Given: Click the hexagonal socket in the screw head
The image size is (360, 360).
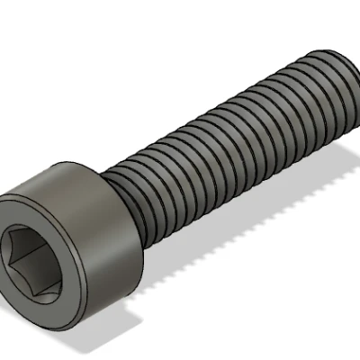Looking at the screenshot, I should [x=36, y=258].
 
